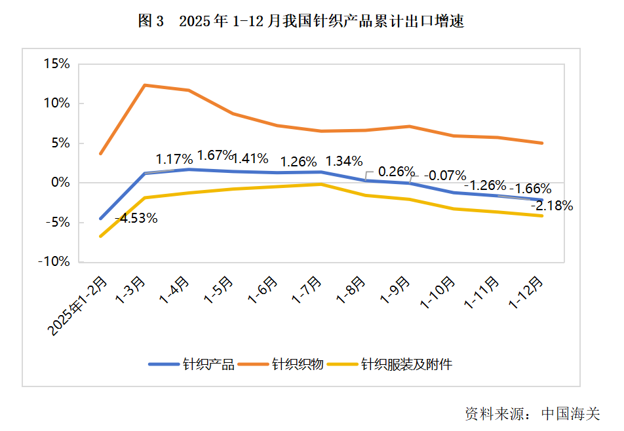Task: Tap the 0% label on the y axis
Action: [x=60, y=182]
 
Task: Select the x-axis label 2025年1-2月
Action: [x=78, y=307]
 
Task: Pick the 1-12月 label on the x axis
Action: [x=528, y=293]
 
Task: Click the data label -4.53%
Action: [x=136, y=218]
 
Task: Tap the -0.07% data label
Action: [x=445, y=176]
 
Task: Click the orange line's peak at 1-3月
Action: [x=145, y=85]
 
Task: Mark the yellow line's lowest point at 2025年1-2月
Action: [x=100, y=236]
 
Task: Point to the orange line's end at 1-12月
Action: [x=542, y=143]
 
